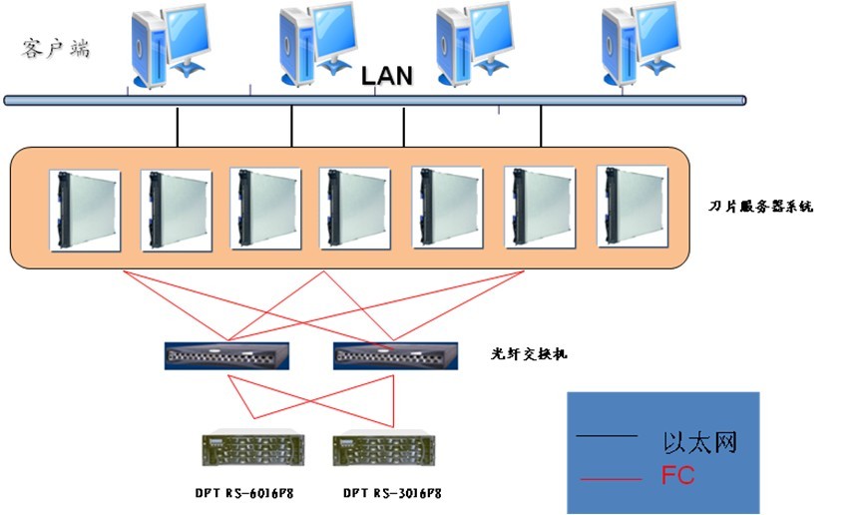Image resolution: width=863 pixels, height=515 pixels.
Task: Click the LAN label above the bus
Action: (386, 75)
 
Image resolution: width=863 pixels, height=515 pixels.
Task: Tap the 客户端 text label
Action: (55, 48)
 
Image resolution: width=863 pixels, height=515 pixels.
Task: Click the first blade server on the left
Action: (85, 210)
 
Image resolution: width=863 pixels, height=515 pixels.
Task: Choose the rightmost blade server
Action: (632, 208)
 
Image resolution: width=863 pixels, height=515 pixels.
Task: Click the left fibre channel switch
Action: (228, 355)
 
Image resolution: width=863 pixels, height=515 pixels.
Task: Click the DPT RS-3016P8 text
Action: (392, 493)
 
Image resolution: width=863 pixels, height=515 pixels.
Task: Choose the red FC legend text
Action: (677, 476)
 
